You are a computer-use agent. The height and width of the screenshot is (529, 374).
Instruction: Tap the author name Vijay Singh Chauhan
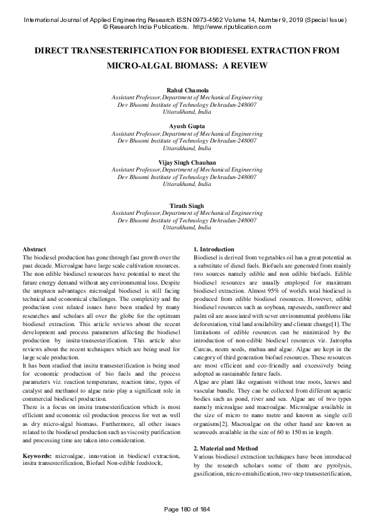[187, 162]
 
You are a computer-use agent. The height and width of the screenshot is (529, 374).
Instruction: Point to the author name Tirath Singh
[187, 205]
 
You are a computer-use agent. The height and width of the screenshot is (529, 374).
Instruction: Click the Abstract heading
[34, 250]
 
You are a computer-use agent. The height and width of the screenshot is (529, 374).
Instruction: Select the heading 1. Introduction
[214, 250]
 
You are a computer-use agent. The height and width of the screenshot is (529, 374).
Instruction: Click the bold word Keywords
[37, 419]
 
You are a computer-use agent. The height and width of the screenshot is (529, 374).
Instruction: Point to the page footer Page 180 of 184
[187, 508]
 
